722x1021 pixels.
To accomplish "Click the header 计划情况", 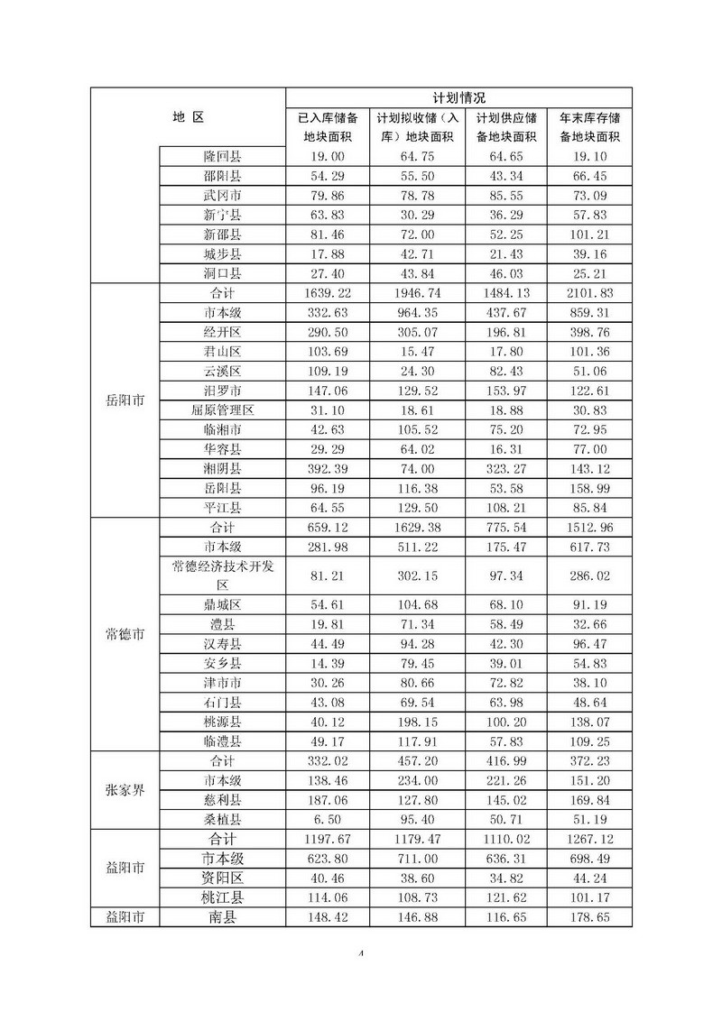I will tap(458, 97).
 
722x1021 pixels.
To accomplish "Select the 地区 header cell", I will tap(189, 116).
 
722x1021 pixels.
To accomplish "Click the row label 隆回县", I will tap(222, 156).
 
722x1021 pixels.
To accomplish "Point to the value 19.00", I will tap(327, 156).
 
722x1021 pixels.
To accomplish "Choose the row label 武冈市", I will tap(222, 195).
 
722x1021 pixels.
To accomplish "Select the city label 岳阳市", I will tap(125, 400).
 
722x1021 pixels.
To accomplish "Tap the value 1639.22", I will tap(327, 292).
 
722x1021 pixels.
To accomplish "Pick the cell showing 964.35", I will tap(417, 312).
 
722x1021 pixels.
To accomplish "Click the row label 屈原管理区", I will tap(222, 409).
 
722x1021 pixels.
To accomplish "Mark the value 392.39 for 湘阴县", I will tap(327, 468).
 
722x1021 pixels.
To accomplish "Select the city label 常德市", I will tap(125, 633).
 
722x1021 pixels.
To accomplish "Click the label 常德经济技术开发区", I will tap(222, 575).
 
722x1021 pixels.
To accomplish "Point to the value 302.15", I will tap(417, 575).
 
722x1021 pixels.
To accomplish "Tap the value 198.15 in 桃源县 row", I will tap(417, 722).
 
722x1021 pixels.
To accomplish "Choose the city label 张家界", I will tap(125, 790).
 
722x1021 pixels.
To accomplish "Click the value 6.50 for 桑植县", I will tap(327, 819).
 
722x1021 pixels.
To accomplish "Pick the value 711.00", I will tap(417, 858).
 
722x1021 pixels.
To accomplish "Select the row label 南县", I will tap(222, 917).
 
